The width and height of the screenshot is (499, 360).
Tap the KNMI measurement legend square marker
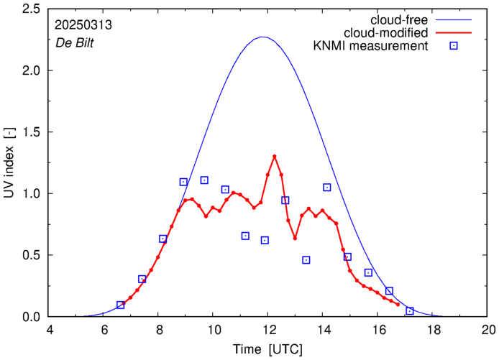tap(454, 47)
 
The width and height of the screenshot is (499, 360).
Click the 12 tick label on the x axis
tap(268, 331)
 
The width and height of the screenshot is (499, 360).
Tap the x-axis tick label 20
tap(488, 331)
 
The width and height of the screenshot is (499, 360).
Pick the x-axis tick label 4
tap(49, 331)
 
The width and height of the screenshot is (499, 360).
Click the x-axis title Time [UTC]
tap(268, 349)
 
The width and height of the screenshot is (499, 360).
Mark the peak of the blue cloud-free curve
tap(264, 37)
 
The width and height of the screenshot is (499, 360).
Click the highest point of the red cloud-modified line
tap(275, 156)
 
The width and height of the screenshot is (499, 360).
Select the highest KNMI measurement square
tap(204, 180)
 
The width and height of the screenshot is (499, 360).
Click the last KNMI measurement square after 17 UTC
tap(410, 310)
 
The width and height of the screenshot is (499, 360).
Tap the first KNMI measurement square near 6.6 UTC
tap(121, 305)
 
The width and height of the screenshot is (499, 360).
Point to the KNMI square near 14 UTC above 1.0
tap(327, 188)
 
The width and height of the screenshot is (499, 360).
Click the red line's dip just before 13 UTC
tap(295, 238)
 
